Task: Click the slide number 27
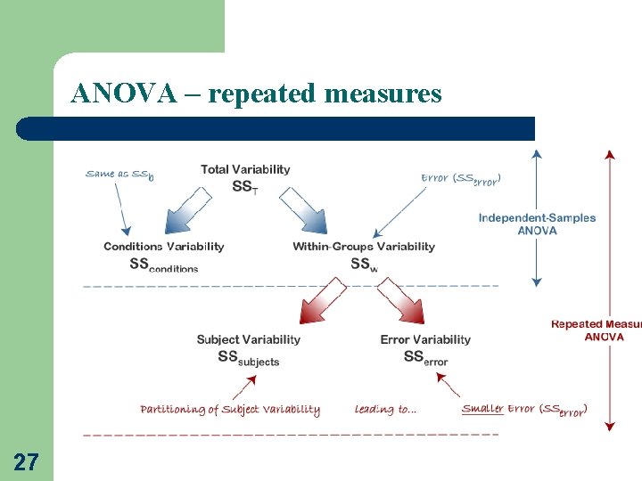click(x=26, y=461)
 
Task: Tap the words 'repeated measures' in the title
click(x=325, y=94)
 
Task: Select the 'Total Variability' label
click(x=245, y=169)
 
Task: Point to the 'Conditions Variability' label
click(x=164, y=247)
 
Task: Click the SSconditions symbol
click(x=164, y=265)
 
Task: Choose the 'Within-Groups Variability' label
click(x=364, y=247)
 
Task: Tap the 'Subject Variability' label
click(x=249, y=339)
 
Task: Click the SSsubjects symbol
click(x=249, y=358)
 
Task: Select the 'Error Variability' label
click(x=425, y=339)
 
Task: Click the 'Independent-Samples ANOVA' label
click(x=537, y=224)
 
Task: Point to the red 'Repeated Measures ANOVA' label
click(x=596, y=330)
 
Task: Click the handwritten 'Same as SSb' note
click(x=119, y=175)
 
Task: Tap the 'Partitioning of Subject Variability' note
click(x=230, y=410)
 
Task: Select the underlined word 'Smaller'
click(x=482, y=409)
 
